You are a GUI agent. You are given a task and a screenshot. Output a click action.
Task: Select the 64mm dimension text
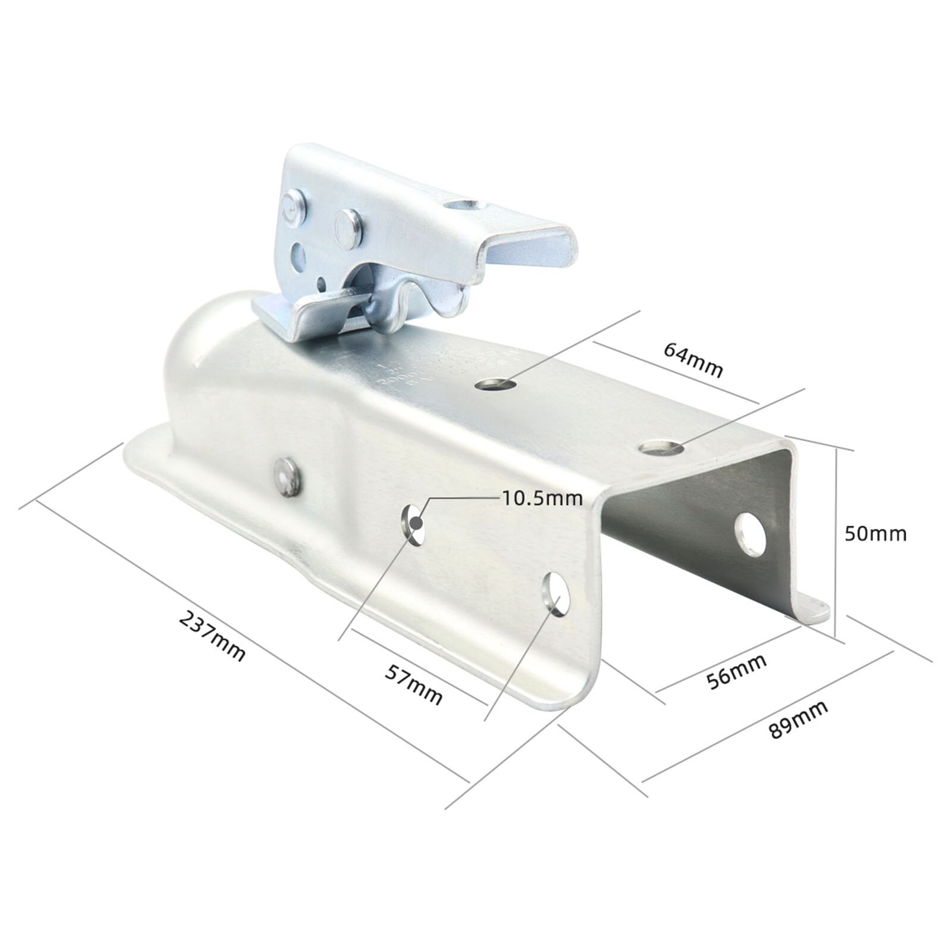click(693, 360)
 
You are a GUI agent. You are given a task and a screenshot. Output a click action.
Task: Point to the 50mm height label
click(875, 533)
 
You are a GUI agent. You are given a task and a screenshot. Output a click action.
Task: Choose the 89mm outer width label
click(798, 719)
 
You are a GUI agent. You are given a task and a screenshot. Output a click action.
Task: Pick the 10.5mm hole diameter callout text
click(542, 498)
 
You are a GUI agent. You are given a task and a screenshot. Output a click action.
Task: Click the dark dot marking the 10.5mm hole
click(416, 523)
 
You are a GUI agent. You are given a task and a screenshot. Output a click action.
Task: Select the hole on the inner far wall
click(750, 533)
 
